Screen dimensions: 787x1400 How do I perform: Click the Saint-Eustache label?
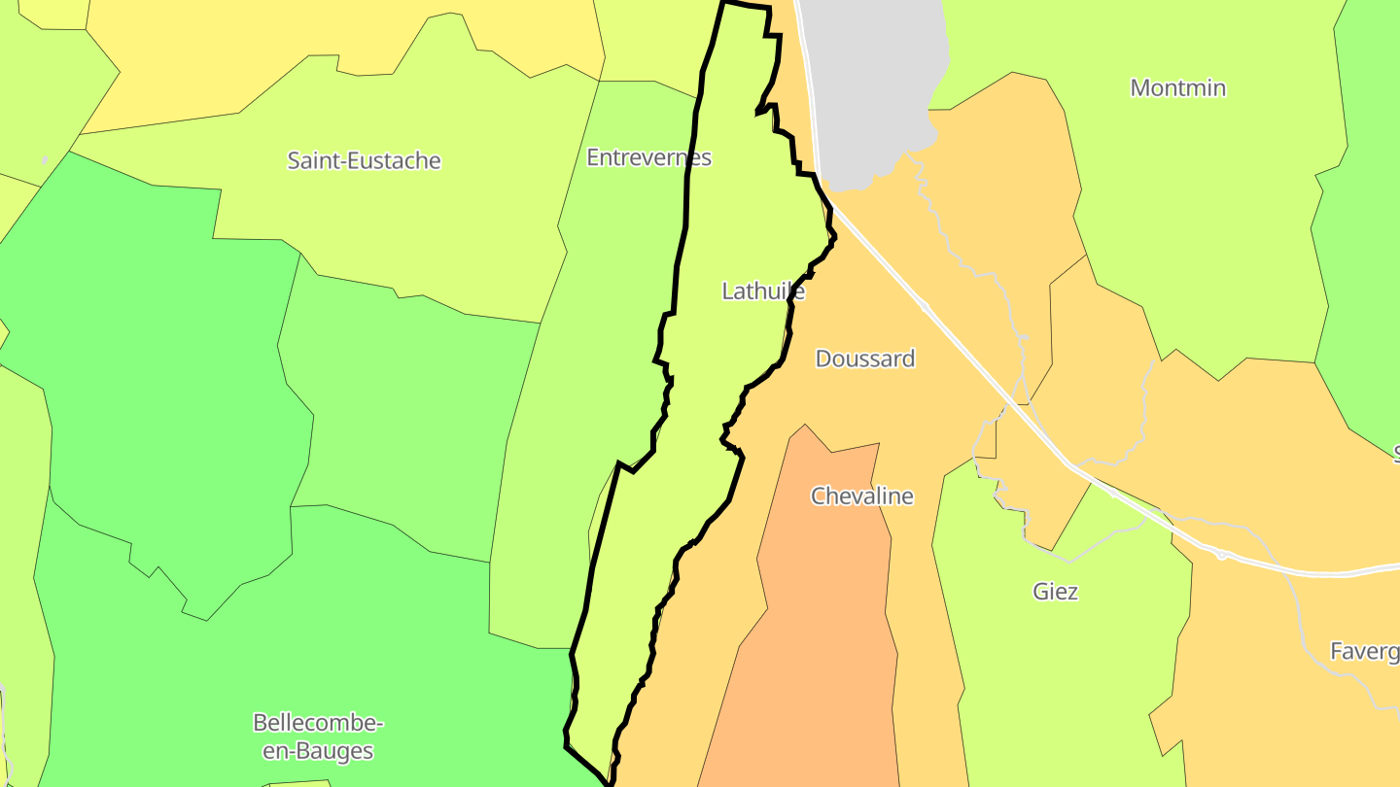tap(364, 160)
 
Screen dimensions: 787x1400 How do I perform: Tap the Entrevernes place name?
tap(648, 156)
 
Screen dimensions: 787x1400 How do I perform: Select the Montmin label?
tap(1177, 87)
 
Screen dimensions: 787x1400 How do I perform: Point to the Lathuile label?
tap(763, 290)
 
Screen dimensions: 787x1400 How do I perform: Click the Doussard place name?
tap(864, 359)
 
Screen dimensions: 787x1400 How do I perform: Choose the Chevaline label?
tap(862, 496)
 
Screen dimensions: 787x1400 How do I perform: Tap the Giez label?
tap(1055, 591)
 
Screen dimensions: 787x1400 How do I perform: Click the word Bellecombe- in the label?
tap(318, 723)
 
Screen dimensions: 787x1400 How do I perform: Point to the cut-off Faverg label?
tap(1364, 651)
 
